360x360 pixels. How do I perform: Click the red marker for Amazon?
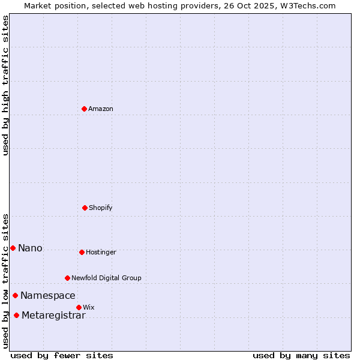(x=84, y=109)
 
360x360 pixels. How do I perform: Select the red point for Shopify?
(x=85, y=208)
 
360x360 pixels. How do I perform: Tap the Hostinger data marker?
(x=82, y=252)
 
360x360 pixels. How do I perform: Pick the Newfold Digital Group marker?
(x=67, y=278)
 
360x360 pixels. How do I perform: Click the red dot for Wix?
(x=79, y=307)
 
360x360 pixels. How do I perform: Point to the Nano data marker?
(x=13, y=248)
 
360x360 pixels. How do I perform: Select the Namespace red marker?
(x=15, y=295)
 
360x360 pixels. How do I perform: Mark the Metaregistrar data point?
(x=16, y=316)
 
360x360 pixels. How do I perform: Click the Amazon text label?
(x=101, y=109)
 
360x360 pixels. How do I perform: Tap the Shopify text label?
(x=101, y=208)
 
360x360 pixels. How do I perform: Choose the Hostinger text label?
(x=101, y=253)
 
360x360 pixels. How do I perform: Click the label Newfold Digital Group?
(x=106, y=278)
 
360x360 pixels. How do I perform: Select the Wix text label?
(x=89, y=308)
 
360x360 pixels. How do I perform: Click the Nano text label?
(x=30, y=248)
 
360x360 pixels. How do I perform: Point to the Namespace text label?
(x=48, y=296)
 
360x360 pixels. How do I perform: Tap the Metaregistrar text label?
(x=53, y=316)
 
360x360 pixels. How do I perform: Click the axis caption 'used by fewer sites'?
(x=62, y=355)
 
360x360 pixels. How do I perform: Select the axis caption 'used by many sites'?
(x=301, y=355)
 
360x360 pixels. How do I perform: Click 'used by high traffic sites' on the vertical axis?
(x=5, y=85)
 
